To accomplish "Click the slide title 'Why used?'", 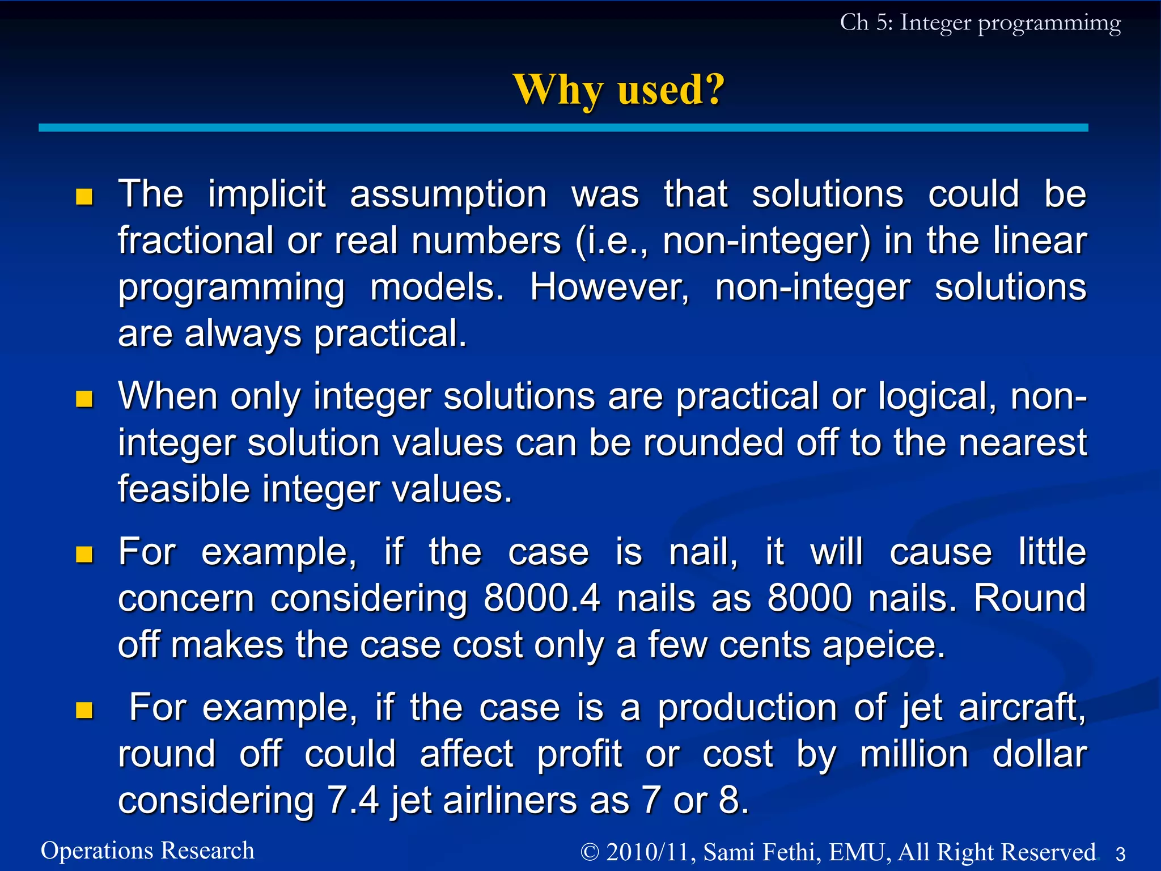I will click(618, 90).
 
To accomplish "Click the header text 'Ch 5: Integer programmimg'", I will click(980, 23).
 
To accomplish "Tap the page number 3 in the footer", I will click(1120, 853).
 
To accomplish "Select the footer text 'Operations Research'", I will click(147, 851).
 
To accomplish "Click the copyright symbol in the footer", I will click(590, 852).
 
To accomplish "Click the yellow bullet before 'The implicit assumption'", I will click(84, 197).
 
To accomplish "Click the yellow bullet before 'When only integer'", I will click(84, 399).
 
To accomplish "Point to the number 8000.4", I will click(541, 598).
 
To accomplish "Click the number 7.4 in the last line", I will click(353, 800).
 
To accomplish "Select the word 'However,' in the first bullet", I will click(609, 287).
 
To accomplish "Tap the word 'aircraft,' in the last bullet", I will click(1022, 708).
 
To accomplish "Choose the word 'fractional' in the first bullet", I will click(196, 240).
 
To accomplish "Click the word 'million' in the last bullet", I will click(914, 754).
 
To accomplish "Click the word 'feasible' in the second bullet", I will click(184, 489).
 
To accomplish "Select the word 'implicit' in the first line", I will click(267, 195).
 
